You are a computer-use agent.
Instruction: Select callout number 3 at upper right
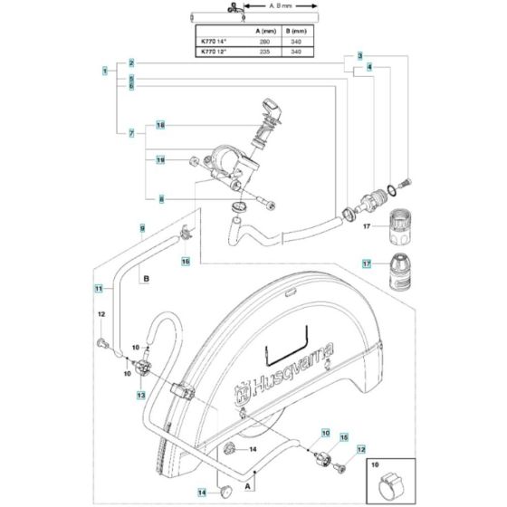tap(359, 56)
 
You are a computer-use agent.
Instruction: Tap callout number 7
tap(131, 134)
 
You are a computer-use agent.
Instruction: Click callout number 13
tap(141, 396)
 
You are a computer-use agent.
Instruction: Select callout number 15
tap(344, 437)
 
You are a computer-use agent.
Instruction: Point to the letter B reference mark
tap(144, 281)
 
